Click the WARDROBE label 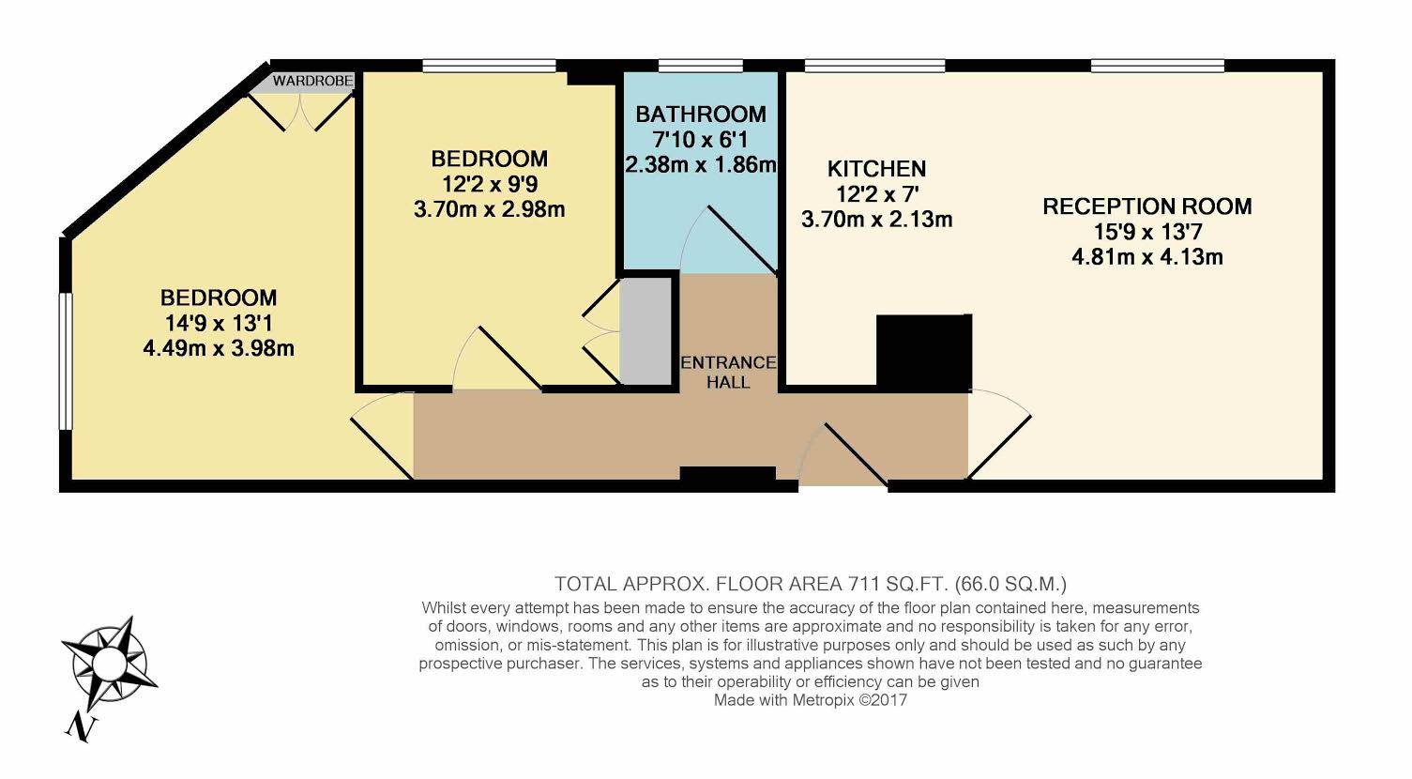pos(312,82)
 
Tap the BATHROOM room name pos(701,115)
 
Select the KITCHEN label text pos(877,169)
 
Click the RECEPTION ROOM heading pos(1147,206)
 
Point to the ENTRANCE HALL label pos(729,373)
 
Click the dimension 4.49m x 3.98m pos(219,348)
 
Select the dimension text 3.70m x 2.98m pos(489,209)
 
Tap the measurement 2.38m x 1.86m pos(701,165)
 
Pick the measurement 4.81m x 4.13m pos(1147,257)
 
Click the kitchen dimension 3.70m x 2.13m pos(877,220)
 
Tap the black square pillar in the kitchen pos(924,352)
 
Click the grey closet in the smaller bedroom pos(645,331)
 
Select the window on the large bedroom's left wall pos(66,361)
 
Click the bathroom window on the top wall pos(701,66)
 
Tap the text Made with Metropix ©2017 pos(811,700)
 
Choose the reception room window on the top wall pos(1158,66)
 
